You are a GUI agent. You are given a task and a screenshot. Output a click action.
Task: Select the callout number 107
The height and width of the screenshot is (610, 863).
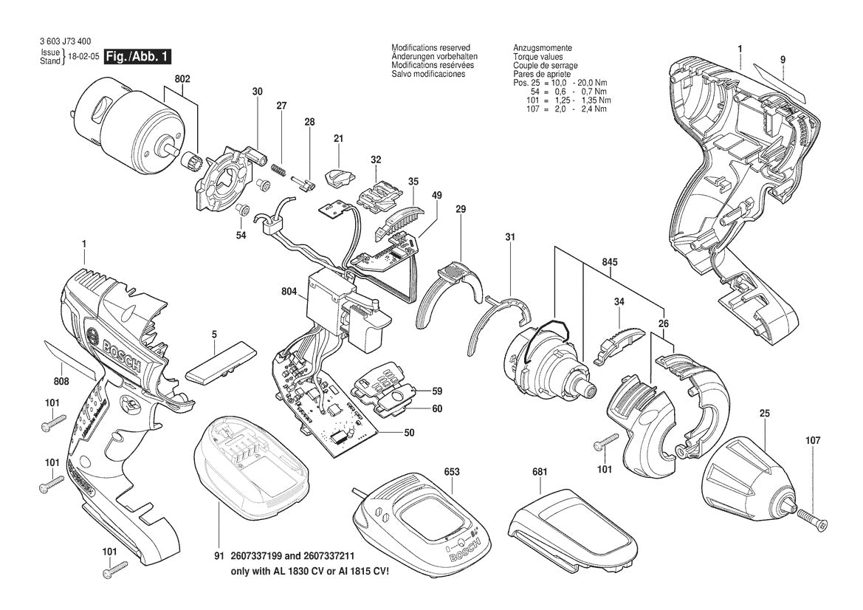pos(813,442)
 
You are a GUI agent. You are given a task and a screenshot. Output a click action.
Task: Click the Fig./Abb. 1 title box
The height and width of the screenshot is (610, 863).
pos(140,57)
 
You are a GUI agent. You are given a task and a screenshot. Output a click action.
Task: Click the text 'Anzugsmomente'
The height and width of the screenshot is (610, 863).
pos(543,48)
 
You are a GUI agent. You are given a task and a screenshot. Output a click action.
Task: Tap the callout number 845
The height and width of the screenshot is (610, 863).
pos(610,262)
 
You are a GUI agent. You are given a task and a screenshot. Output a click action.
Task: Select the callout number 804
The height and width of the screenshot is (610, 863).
pos(289,292)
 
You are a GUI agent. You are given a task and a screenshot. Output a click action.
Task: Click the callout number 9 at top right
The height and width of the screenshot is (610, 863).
pos(782,59)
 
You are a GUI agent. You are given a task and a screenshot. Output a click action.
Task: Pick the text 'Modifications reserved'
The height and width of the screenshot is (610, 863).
pos(430,48)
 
